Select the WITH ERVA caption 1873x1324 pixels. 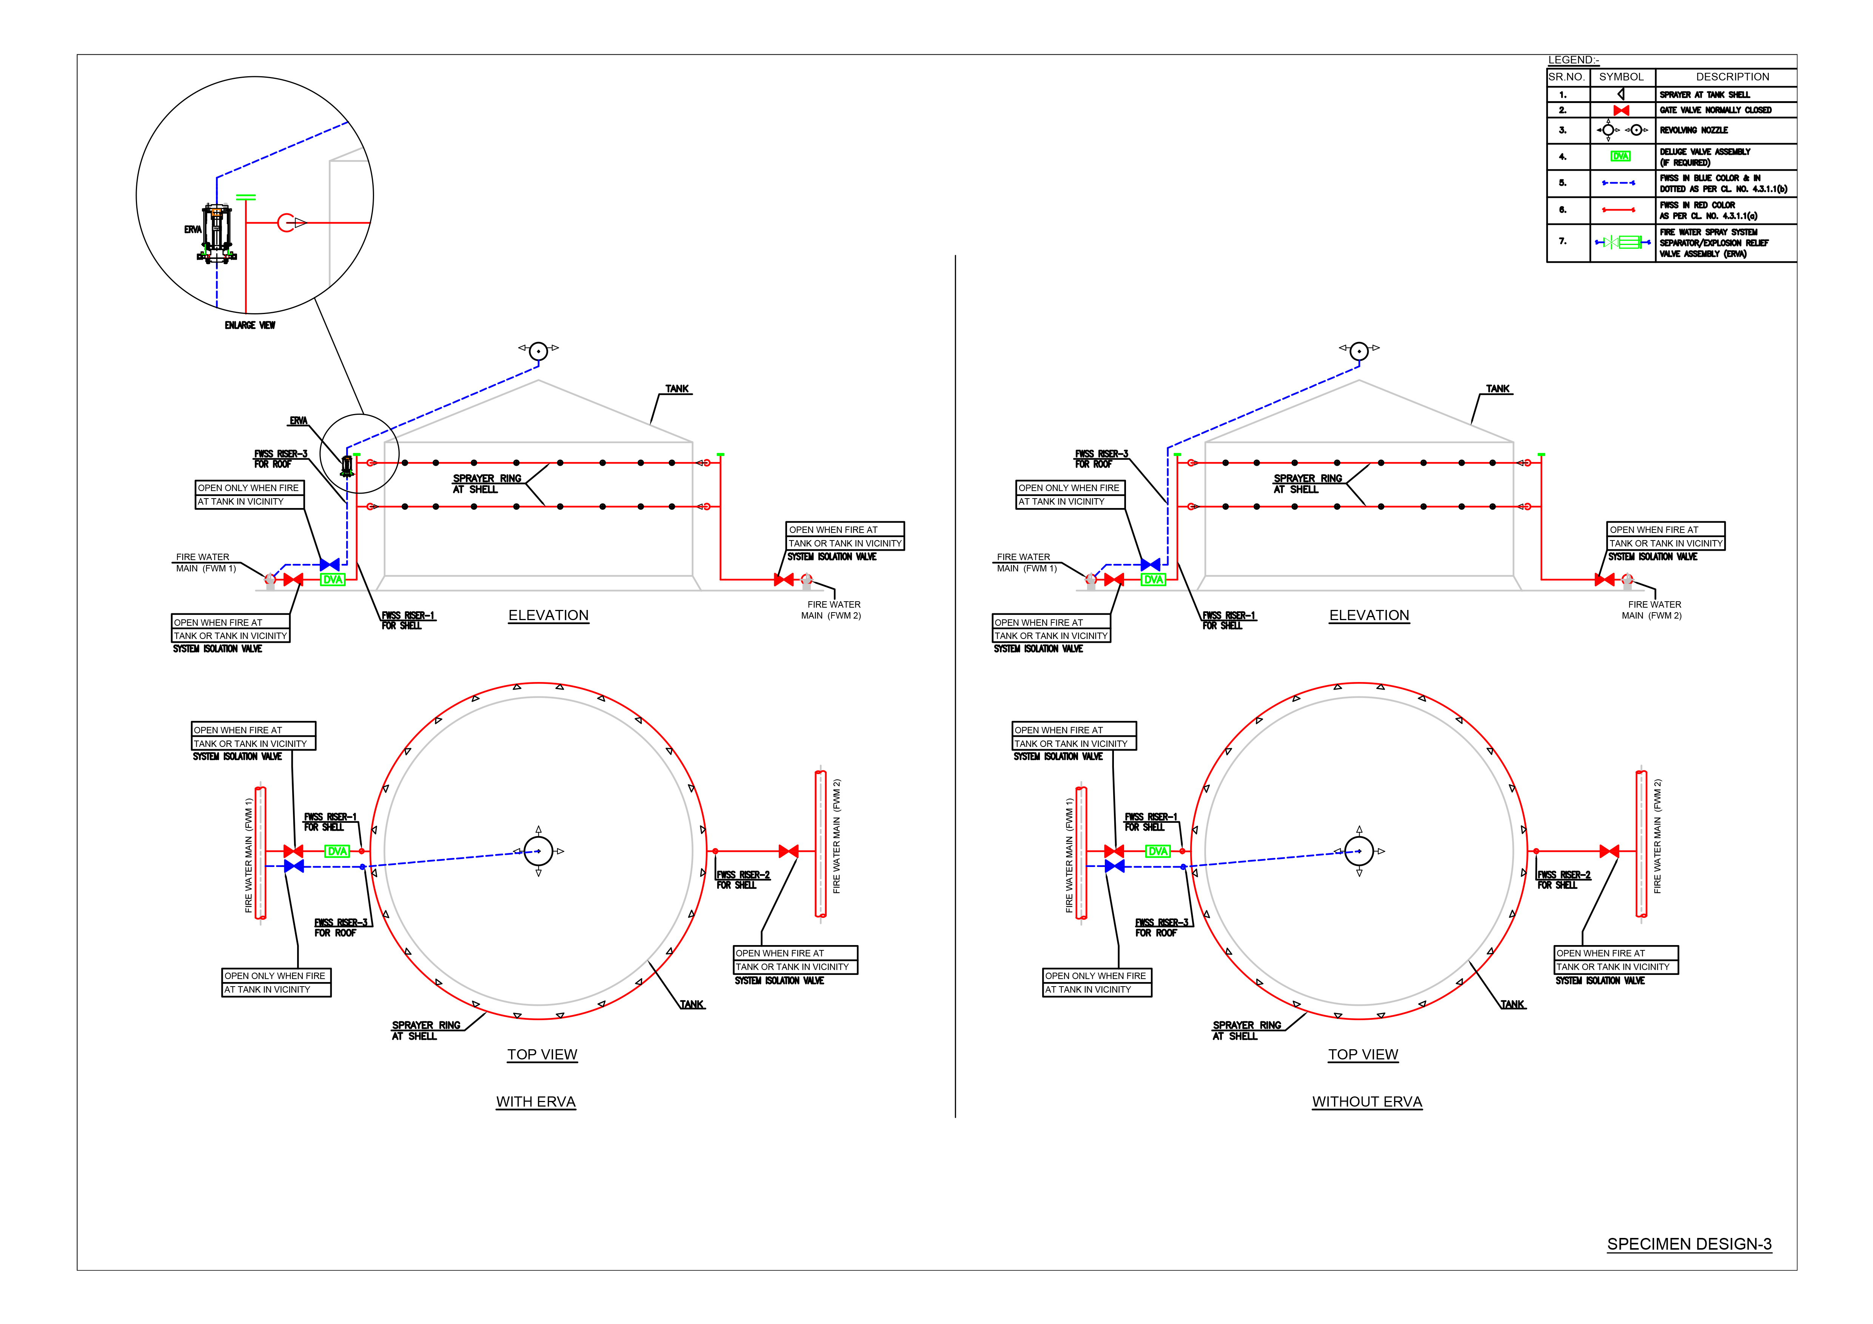click(x=536, y=1102)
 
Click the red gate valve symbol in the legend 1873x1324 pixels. click(x=1621, y=110)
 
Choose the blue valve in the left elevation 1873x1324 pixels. click(x=330, y=565)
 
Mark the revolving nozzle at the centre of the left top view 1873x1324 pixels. click(x=538, y=851)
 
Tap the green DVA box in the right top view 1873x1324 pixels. click(x=1158, y=851)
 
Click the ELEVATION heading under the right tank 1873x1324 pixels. click(x=1369, y=615)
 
